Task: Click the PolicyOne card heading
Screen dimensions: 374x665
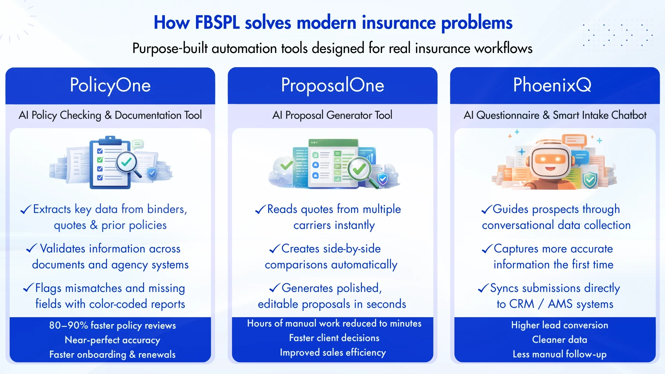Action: click(110, 85)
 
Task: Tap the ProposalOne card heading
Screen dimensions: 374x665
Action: click(332, 85)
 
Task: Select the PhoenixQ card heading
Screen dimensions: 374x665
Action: click(552, 85)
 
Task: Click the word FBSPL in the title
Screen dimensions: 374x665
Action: click(217, 23)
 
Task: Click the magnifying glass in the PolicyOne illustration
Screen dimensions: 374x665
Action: click(127, 163)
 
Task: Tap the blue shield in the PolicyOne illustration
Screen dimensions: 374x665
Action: click(152, 172)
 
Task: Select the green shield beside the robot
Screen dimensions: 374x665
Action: click(590, 180)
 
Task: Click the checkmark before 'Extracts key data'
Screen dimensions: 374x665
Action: click(26, 210)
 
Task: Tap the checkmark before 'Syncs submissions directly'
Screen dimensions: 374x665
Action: click(483, 289)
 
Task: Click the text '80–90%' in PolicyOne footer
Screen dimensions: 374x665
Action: click(68, 326)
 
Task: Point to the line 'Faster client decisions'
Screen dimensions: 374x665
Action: click(334, 338)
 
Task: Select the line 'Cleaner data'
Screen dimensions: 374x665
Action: click(559, 340)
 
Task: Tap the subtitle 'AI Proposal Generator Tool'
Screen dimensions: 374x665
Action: click(332, 115)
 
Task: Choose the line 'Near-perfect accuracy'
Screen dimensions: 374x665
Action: click(112, 340)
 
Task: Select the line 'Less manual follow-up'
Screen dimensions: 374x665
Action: click(559, 354)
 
